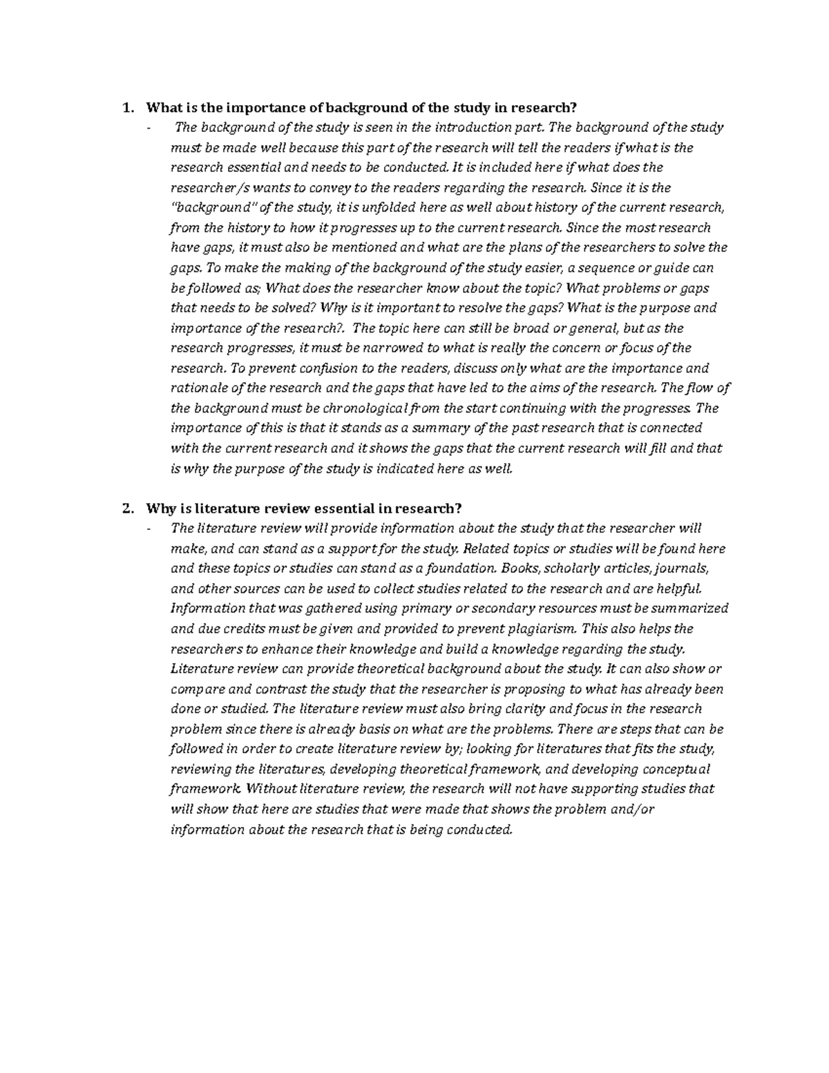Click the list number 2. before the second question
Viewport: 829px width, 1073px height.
pyautogui.click(x=126, y=509)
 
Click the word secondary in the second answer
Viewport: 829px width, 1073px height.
pyautogui.click(x=493, y=609)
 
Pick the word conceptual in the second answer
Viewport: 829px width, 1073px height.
pyautogui.click(x=677, y=769)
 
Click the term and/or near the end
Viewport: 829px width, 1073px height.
pyautogui.click(x=633, y=809)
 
